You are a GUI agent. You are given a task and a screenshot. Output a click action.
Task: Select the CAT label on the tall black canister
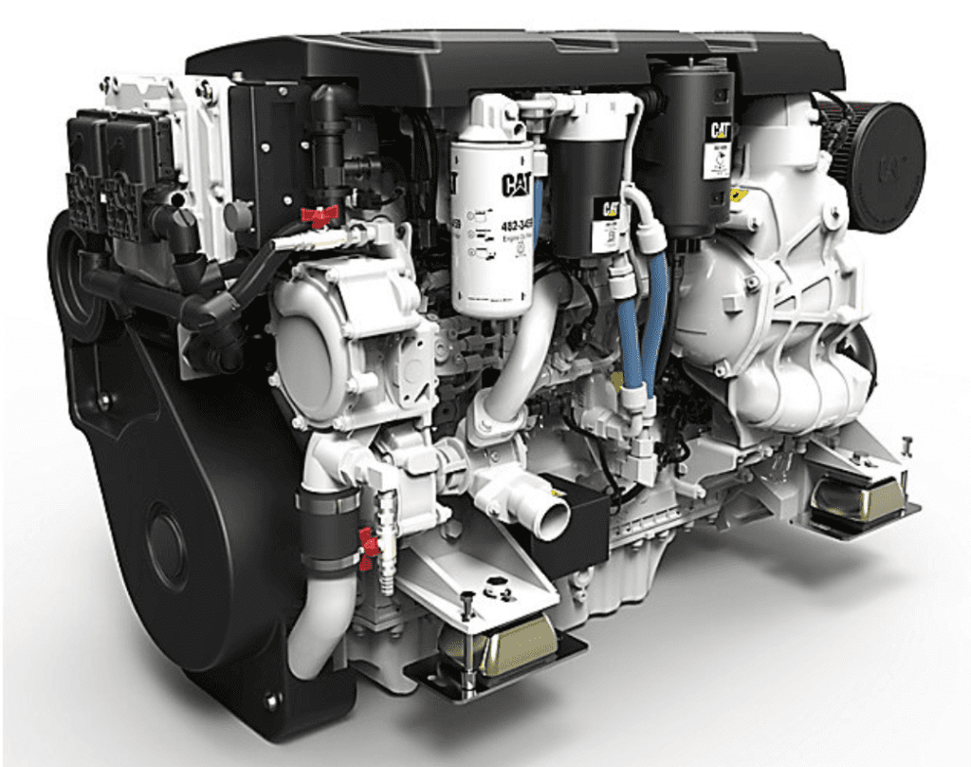[718, 127]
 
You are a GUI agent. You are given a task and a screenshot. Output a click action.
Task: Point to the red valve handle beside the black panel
[320, 215]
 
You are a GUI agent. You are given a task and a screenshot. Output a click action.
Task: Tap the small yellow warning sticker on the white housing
[737, 195]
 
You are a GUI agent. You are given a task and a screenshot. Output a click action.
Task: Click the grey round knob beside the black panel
[237, 216]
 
